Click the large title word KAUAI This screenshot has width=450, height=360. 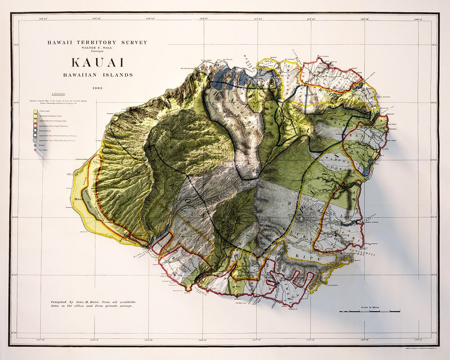97,62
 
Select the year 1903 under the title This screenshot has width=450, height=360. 98,88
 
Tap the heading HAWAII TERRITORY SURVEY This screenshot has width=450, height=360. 97,42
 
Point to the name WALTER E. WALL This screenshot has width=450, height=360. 97,47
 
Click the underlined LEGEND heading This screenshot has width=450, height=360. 58,95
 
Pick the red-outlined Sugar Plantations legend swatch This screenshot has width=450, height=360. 36,125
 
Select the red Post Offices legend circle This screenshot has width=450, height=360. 36,150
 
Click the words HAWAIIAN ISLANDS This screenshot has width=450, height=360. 98,75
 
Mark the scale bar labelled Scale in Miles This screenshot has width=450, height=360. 370,311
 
